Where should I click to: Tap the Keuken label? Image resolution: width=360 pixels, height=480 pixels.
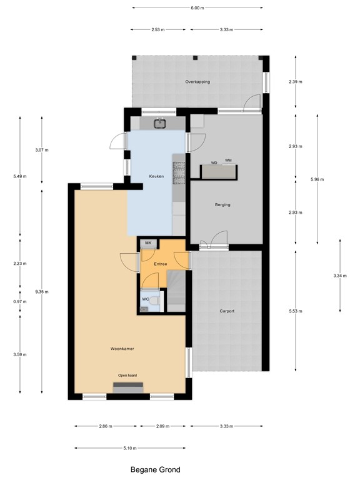[x=156, y=177]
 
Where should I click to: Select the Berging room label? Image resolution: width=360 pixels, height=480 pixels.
[x=222, y=204]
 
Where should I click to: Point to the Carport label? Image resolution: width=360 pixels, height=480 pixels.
[x=227, y=311]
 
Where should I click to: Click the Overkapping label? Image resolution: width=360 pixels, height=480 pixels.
[x=197, y=82]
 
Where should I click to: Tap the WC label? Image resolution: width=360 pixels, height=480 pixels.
[x=146, y=299]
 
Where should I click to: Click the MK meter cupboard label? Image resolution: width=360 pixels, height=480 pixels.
[x=148, y=243]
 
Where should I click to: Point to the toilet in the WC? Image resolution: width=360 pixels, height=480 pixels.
[x=157, y=302]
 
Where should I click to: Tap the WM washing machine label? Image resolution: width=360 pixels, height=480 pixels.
[x=228, y=161]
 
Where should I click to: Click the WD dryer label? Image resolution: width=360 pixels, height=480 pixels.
[x=214, y=162]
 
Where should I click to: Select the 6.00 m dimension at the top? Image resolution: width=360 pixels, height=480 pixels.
[x=197, y=8]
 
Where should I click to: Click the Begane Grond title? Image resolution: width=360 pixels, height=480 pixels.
[x=155, y=470]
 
